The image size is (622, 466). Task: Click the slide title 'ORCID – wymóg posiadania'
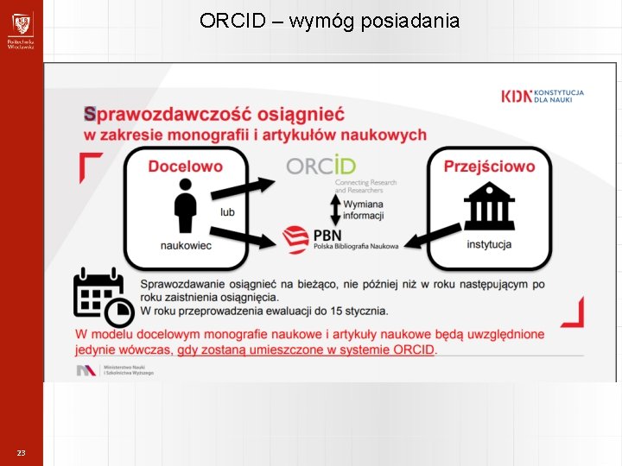coord(329,21)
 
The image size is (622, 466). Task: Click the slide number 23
coord(21,453)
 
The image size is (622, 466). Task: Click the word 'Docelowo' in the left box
coord(185,167)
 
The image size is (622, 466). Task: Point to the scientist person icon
coord(185,205)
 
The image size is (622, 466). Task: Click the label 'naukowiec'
coord(186,246)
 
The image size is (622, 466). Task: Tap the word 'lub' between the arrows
coord(227,212)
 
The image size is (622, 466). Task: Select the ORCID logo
coord(321,166)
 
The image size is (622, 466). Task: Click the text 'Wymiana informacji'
coord(364,210)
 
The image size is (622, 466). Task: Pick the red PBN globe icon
coord(296,238)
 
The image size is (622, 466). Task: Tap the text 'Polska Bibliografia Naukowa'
coord(356,247)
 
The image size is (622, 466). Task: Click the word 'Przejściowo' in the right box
coord(489,167)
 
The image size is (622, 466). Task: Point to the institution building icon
coord(489,206)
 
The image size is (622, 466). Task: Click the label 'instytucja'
coord(489,244)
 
